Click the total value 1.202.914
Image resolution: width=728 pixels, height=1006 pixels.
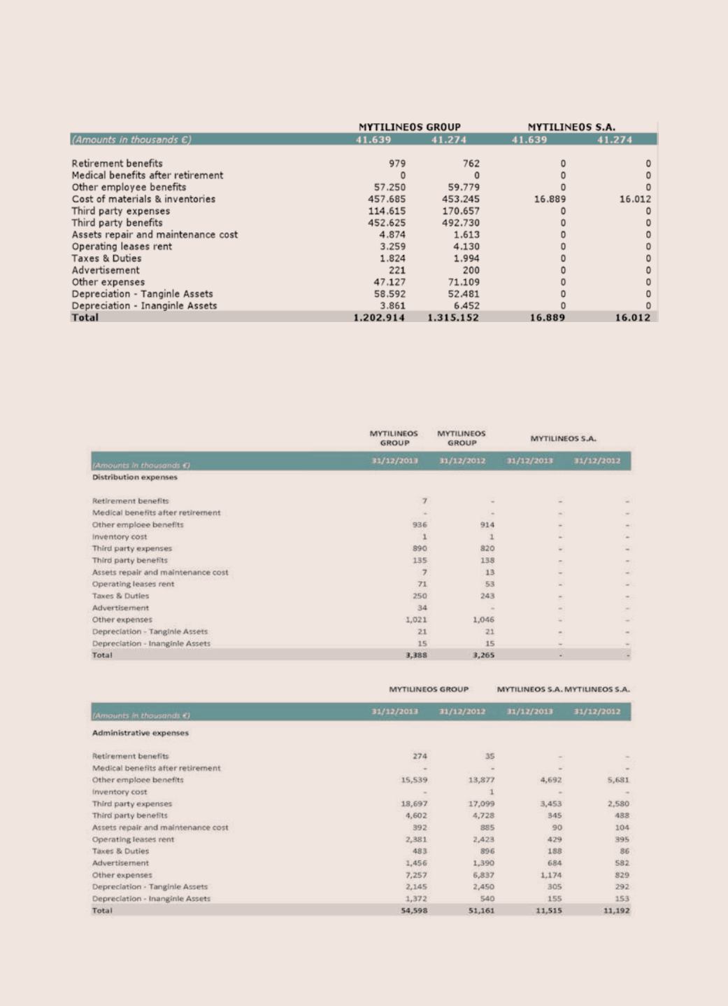click(379, 317)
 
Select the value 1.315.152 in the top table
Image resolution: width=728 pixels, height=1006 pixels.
click(453, 317)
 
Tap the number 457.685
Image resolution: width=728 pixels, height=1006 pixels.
click(387, 199)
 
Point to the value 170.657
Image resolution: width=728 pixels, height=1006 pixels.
click(461, 211)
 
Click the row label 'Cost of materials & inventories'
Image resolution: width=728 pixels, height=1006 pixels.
click(143, 199)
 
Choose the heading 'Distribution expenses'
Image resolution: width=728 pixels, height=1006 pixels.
click(135, 477)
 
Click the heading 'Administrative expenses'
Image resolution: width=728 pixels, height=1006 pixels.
click(141, 732)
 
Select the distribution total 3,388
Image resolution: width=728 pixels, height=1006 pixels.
click(416, 655)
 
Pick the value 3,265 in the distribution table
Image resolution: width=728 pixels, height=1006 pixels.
click(483, 655)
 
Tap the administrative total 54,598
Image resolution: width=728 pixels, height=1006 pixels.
click(414, 910)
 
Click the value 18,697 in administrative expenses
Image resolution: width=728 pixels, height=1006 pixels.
click(414, 804)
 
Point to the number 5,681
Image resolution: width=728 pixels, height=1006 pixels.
click(618, 780)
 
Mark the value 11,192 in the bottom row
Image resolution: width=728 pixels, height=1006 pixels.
click(617, 910)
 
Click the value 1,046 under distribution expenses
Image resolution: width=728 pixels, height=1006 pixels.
click(483, 620)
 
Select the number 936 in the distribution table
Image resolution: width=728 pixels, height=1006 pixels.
click(420, 524)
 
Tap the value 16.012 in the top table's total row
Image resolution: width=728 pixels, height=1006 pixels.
click(632, 317)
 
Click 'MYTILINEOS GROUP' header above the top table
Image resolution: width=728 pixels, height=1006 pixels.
click(410, 127)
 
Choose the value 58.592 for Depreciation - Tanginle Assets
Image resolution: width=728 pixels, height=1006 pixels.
click(390, 294)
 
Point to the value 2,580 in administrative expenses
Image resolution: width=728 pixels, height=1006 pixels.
click(618, 804)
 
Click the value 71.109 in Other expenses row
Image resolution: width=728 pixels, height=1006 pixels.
click(464, 282)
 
